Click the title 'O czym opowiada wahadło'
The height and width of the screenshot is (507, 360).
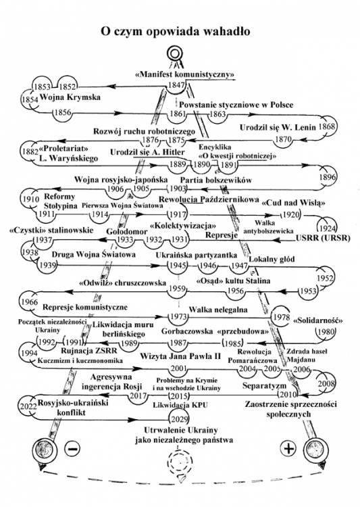pos(175,32)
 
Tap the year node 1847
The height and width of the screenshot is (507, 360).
pos(176,85)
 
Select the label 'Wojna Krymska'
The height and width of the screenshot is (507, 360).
pos(70,97)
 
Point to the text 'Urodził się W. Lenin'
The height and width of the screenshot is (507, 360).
pos(278,127)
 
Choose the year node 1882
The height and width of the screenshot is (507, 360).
pos(30,151)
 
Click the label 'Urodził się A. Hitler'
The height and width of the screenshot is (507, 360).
pos(147,152)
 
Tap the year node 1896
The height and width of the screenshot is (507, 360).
pos(328,177)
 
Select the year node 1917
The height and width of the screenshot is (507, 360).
pos(178,214)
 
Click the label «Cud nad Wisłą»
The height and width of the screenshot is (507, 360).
pos(294,203)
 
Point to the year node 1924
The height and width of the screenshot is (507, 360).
pos(327,228)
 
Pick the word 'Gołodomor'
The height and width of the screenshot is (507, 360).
pos(127,231)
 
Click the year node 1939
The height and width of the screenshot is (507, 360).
pos(47,265)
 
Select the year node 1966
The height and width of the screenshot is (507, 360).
pos(30,301)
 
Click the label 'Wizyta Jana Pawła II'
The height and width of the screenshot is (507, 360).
pos(180,356)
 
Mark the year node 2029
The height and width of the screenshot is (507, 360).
pos(180,419)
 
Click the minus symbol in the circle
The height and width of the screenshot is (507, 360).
pos(73,449)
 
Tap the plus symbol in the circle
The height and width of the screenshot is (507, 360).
pos(288,448)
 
